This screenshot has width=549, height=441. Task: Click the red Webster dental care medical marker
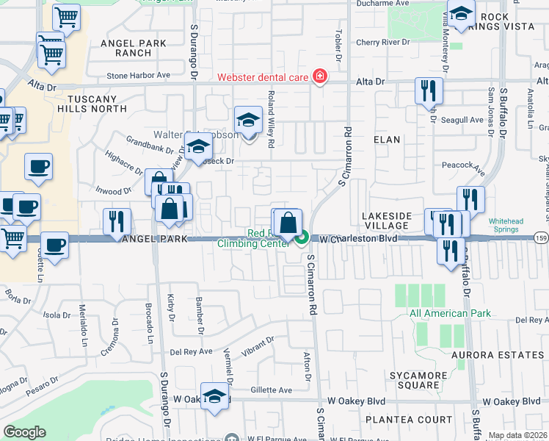point(319,76)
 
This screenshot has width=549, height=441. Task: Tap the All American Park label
point(450,314)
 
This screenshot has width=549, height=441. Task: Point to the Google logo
point(24,432)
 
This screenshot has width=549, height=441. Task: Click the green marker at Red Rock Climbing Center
point(302,237)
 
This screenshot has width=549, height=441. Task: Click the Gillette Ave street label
point(272,390)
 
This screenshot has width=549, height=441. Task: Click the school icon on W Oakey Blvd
point(214,395)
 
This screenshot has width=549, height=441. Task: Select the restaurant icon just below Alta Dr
point(428,91)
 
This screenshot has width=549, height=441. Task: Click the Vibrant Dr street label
point(258,345)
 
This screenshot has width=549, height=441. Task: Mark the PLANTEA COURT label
point(403,419)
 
